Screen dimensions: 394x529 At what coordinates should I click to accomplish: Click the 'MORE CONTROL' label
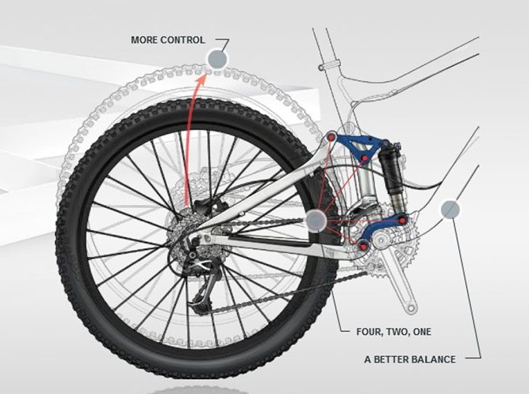[168, 40]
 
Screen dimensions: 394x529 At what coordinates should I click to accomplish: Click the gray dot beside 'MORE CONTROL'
[216, 58]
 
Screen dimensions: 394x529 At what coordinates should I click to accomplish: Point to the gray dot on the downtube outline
[450, 209]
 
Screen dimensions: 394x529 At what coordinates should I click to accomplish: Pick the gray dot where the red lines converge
[316, 220]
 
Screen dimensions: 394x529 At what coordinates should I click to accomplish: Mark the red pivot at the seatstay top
[331, 138]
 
